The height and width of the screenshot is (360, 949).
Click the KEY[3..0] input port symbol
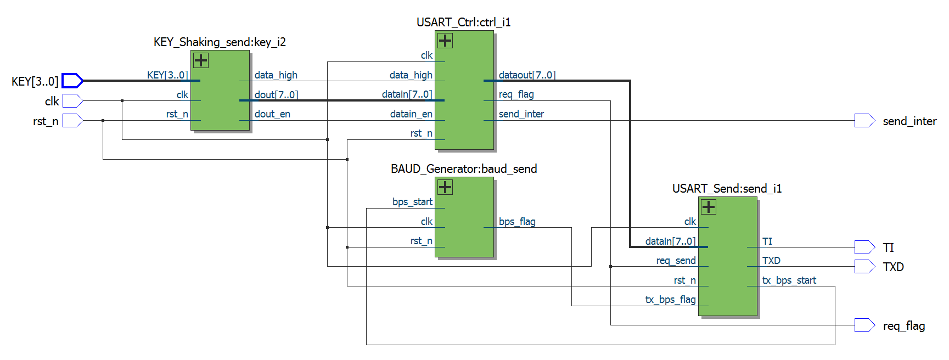pyautogui.click(x=72, y=81)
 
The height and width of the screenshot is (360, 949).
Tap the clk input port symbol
pyautogui.click(x=72, y=101)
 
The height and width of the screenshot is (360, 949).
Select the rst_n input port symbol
pyautogui.click(x=72, y=121)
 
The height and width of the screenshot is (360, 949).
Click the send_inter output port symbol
pyautogui.click(x=864, y=121)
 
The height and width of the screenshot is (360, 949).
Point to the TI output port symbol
pyautogui.click(x=864, y=248)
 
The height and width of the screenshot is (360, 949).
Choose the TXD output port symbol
pyautogui.click(x=864, y=267)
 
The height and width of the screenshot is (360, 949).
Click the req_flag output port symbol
pyautogui.click(x=864, y=325)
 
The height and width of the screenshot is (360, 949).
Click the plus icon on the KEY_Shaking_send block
pyautogui.click(x=201, y=60)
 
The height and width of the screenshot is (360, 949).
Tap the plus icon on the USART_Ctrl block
pyautogui.click(x=445, y=41)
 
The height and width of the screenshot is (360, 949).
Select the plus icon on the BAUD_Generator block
pyautogui.click(x=445, y=187)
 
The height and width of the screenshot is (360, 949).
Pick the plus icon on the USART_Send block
pyautogui.click(x=709, y=207)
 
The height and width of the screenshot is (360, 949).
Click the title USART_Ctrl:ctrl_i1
pyautogui.click(x=463, y=22)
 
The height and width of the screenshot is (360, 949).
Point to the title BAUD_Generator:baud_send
pyautogui.click(x=464, y=169)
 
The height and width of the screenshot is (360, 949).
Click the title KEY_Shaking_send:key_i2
pyautogui.click(x=220, y=42)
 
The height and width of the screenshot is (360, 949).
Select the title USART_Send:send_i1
pyautogui.click(x=727, y=189)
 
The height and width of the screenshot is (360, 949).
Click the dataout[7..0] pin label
pyautogui.click(x=527, y=75)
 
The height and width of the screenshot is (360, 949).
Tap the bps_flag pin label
pyautogui.click(x=517, y=222)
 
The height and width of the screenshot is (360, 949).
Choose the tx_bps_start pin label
pyautogui.click(x=789, y=280)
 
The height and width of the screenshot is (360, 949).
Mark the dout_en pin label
pyautogui.click(x=272, y=114)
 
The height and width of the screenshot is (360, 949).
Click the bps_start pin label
pyautogui.click(x=412, y=202)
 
